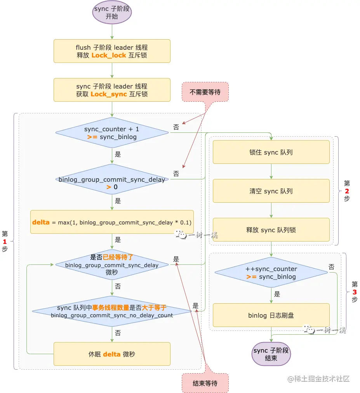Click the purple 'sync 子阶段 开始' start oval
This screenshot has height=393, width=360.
click(112, 12)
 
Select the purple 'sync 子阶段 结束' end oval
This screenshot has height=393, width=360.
click(271, 354)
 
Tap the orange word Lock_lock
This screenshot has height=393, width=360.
click(109, 56)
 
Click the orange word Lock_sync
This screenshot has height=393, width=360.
click(109, 94)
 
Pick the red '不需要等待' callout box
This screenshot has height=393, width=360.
click(205, 92)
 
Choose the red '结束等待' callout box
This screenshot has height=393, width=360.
click(205, 383)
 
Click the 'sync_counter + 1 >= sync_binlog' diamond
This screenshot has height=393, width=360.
click(112, 132)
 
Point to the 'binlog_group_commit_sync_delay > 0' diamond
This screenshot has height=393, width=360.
click(112, 179)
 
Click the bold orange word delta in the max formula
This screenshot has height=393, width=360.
click(41, 222)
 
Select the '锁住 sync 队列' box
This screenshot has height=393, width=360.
click(271, 152)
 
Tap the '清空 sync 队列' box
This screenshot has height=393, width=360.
click(271, 191)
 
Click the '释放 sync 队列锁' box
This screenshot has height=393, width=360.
click(271, 230)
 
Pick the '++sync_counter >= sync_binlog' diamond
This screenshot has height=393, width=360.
click(271, 273)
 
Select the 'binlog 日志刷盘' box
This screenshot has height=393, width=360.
click(271, 315)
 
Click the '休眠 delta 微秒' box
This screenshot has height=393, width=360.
click(112, 354)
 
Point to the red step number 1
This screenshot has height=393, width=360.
click(5, 242)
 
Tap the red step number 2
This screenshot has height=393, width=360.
click(347, 191)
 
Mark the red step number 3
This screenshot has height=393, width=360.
click(355, 292)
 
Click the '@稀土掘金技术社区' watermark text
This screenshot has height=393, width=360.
click(318, 379)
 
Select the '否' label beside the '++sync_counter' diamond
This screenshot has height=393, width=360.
click(331, 267)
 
